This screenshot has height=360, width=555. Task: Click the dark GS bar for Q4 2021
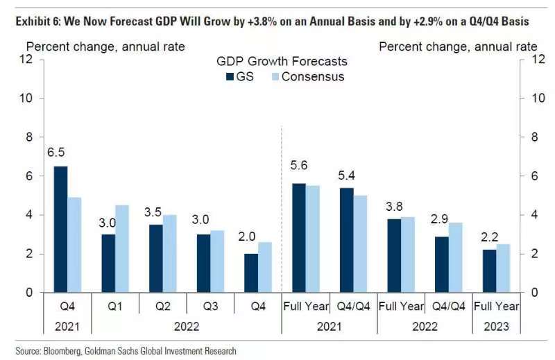(x=60, y=230)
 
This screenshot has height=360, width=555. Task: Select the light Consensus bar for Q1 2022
(x=121, y=249)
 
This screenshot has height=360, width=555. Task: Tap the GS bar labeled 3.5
(x=156, y=259)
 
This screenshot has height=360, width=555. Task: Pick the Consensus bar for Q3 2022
(x=216, y=262)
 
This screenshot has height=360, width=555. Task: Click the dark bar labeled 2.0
(x=250, y=273)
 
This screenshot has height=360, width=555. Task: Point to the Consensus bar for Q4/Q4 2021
(x=359, y=244)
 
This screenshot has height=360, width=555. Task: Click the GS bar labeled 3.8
(x=393, y=255)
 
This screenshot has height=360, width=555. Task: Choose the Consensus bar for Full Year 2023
(x=503, y=268)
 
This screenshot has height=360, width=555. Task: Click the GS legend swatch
(x=230, y=77)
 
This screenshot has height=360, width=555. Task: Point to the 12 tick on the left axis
(x=28, y=59)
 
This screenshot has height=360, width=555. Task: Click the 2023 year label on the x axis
(x=496, y=326)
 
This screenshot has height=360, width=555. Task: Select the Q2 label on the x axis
(x=162, y=306)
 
